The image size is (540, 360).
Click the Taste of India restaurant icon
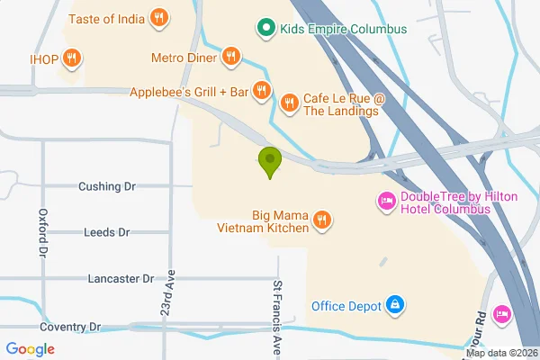pyautogui.click(x=158, y=16)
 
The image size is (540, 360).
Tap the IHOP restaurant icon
pyautogui.click(x=72, y=59)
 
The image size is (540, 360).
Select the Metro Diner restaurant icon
pyautogui.click(x=231, y=58)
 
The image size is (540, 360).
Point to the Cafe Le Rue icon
pyautogui.click(x=290, y=103)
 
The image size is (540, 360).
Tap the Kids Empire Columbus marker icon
pyautogui.click(x=265, y=29)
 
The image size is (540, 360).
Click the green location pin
pyautogui.click(x=269, y=162)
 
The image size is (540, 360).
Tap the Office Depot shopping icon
pyautogui.click(x=394, y=306)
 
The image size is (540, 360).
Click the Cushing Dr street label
pyautogui.click(x=106, y=186)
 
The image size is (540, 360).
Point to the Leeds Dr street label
pyautogui.click(x=106, y=232)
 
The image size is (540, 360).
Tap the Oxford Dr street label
pyautogui.click(x=42, y=233)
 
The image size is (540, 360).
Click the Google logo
pyautogui.click(x=30, y=349)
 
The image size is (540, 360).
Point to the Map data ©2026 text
pyautogui.click(x=500, y=352)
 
